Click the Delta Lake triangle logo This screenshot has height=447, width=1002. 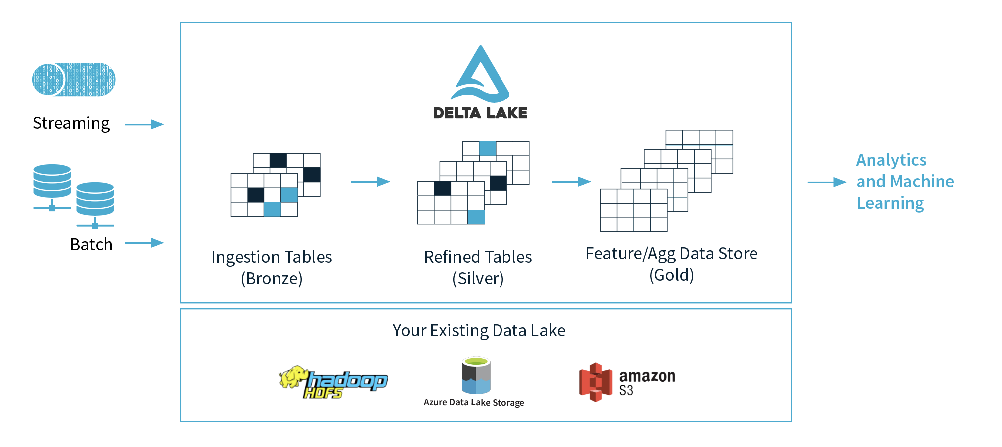pyautogui.click(x=480, y=75)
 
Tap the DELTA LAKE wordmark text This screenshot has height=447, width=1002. pyautogui.click(x=480, y=113)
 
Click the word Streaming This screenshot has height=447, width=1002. pyautogui.click(x=71, y=123)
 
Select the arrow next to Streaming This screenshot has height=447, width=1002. pyautogui.click(x=144, y=124)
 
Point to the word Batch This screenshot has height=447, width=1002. pyautogui.click(x=91, y=244)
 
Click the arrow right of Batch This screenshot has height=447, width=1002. pyautogui.click(x=144, y=243)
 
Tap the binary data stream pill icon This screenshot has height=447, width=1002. pyautogui.click(x=74, y=79)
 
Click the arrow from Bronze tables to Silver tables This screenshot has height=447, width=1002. pyautogui.click(x=370, y=182)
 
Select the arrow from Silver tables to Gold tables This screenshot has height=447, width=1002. pyautogui.click(x=571, y=182)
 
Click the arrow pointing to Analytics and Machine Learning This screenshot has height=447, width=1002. pyautogui.click(x=827, y=182)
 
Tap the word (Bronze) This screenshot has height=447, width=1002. pyautogui.click(x=271, y=278)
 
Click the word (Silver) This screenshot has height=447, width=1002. pyautogui.click(x=478, y=278)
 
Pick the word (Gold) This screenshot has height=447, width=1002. pyautogui.click(x=671, y=275)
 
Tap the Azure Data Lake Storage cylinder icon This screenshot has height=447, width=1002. pyautogui.click(x=476, y=375)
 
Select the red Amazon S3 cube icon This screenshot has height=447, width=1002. pyautogui.click(x=595, y=382)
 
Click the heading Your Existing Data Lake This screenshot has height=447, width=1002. pyautogui.click(x=479, y=330)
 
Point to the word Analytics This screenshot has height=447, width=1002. pyautogui.click(x=891, y=160)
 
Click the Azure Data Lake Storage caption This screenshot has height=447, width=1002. pyautogui.click(x=474, y=402)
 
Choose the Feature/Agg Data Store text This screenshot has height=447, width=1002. pyautogui.click(x=671, y=254)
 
